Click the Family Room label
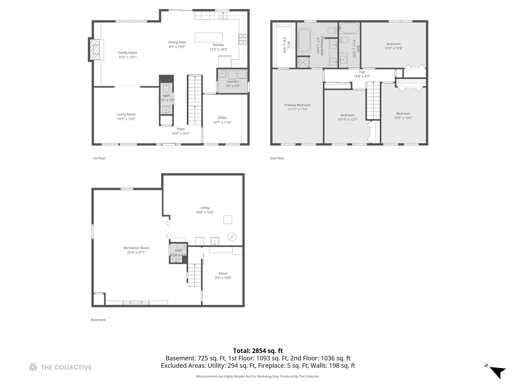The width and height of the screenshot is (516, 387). click(128, 53)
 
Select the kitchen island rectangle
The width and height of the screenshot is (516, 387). click(209, 37)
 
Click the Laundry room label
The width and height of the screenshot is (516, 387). click(233, 81)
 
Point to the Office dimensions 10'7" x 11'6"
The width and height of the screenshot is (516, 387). click(222, 122)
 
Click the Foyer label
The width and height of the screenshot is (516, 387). click(181, 129)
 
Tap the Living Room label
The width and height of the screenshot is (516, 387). click(126, 114)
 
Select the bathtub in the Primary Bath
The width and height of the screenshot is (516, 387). click(304, 40)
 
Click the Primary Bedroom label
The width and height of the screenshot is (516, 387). click(297, 105)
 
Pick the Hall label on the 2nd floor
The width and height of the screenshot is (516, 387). click(362, 72)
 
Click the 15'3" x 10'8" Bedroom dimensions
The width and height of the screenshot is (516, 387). click(393, 48)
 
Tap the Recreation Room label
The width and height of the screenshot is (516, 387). click(136, 248)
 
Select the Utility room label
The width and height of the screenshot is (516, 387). click(205, 207)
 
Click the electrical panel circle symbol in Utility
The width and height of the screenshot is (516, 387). click(232, 236)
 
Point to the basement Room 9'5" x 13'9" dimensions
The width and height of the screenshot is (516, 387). click(223, 278)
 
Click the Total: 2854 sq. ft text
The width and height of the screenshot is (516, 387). click(258, 351)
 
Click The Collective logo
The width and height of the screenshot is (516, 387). click(60, 367)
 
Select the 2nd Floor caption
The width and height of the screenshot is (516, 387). click(277, 158)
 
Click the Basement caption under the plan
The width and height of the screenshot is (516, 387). click(98, 320)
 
